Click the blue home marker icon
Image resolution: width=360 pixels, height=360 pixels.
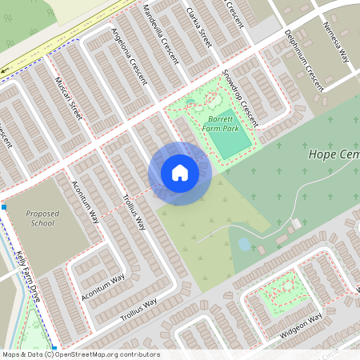pos(180,173)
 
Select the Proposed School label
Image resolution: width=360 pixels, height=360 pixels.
pos(42,218)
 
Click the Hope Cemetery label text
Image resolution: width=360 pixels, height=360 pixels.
pos(333,153)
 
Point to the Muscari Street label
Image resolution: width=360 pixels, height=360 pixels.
pos(69,98)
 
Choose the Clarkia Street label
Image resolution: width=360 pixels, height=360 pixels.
pos(199,32)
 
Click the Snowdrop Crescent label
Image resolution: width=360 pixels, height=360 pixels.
pos(240,102)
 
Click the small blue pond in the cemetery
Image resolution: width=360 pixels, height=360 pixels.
pos(244,244)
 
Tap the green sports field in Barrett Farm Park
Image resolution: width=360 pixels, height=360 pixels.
pos(230,135)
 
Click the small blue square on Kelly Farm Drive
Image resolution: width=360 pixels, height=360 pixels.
pos(4,207)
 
